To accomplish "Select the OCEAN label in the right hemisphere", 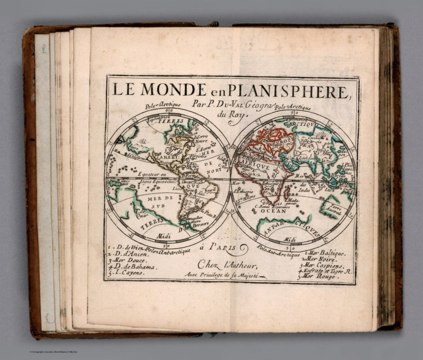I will (273, 210).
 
